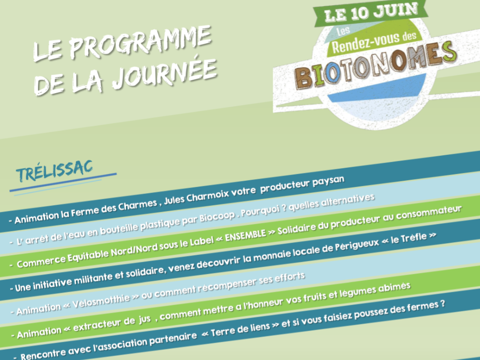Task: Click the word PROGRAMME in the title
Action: (x=140, y=42)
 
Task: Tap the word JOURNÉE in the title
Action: (x=164, y=74)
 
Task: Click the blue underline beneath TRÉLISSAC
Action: (x=63, y=183)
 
